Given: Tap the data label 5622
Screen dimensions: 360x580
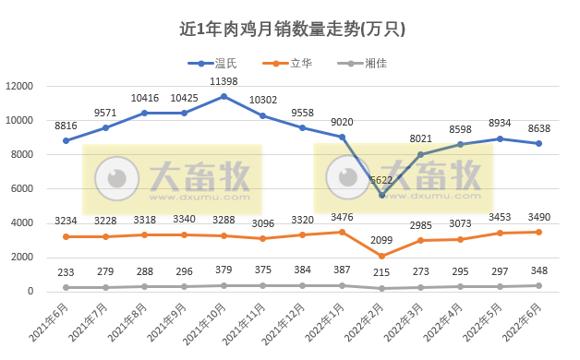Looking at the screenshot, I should click(381, 180).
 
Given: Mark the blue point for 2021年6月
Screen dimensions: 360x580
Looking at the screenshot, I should click(66, 140).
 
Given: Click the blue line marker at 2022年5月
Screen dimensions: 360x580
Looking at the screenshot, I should click(500, 138).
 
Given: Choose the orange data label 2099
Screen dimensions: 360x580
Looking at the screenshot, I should click(381, 241).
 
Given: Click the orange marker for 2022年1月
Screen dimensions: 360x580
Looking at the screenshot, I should click(342, 232).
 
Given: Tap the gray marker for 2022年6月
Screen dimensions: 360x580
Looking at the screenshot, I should click(539, 285).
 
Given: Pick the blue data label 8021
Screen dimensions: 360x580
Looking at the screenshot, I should click(421, 139).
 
